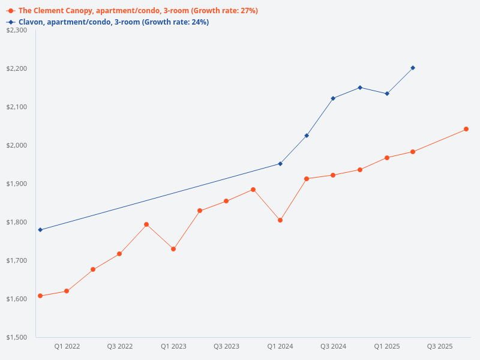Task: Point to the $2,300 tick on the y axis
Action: [x=17, y=30]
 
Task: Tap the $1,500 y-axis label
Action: [x=17, y=337]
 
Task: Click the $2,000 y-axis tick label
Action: [x=17, y=145]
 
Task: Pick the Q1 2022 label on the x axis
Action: [x=67, y=347]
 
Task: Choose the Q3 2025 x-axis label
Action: [x=440, y=347]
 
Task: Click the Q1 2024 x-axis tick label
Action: [x=280, y=347]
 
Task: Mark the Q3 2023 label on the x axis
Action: [x=227, y=347]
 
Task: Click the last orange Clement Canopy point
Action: [x=466, y=129]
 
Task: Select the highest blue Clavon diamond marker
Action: [x=413, y=68]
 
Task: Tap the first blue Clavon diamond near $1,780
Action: [x=40, y=230]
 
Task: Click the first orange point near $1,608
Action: [x=40, y=296]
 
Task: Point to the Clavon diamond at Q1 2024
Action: [x=280, y=164]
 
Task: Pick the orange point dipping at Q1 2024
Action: [x=280, y=220]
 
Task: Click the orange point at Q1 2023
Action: [x=173, y=249]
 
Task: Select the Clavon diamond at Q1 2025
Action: [x=387, y=94]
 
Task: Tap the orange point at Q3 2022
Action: [x=119, y=254]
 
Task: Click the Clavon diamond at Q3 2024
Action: [x=333, y=98]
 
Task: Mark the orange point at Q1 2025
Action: [x=387, y=158]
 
